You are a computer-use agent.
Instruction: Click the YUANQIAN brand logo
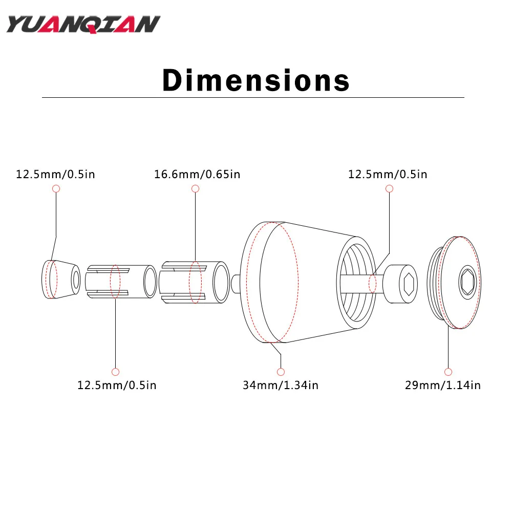click(83, 25)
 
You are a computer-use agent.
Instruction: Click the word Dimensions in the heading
click(256, 80)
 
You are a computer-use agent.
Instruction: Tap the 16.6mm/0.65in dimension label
click(197, 175)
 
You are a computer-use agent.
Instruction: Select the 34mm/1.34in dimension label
click(281, 386)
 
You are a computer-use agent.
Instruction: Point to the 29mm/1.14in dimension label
click(443, 386)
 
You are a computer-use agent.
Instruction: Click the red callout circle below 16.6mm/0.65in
click(195, 189)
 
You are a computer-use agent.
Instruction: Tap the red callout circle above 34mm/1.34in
click(281, 372)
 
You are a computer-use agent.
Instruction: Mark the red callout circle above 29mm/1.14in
click(449, 372)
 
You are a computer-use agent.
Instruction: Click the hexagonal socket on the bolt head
click(409, 284)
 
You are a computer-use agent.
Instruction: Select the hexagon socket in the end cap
click(467, 282)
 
